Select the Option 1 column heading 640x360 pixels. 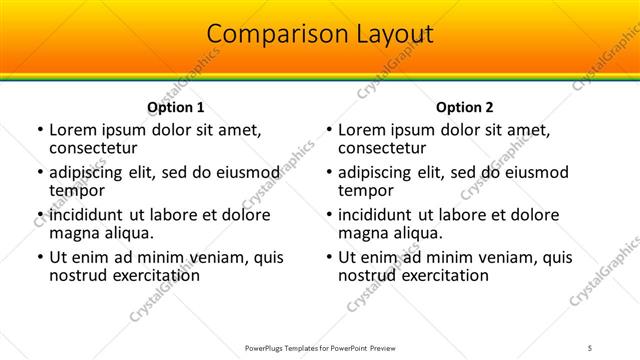(x=175, y=107)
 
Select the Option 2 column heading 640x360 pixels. (x=464, y=107)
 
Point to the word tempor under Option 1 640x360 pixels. (x=78, y=191)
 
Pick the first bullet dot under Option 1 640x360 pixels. (x=39, y=130)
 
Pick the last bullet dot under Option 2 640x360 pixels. (x=328, y=257)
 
